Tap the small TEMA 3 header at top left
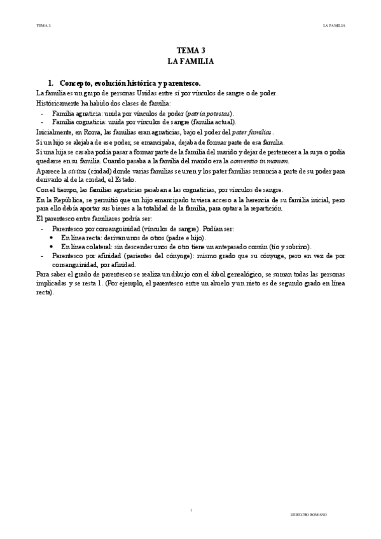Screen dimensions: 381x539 click(43, 26)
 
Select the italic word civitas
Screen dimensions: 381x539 click(77, 172)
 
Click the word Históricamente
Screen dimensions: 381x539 click(60, 102)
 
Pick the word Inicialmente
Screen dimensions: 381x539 click(57, 132)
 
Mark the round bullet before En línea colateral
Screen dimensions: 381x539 click(52, 246)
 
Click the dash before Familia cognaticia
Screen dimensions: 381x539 click(41, 121)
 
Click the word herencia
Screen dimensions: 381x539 click(255, 200)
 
